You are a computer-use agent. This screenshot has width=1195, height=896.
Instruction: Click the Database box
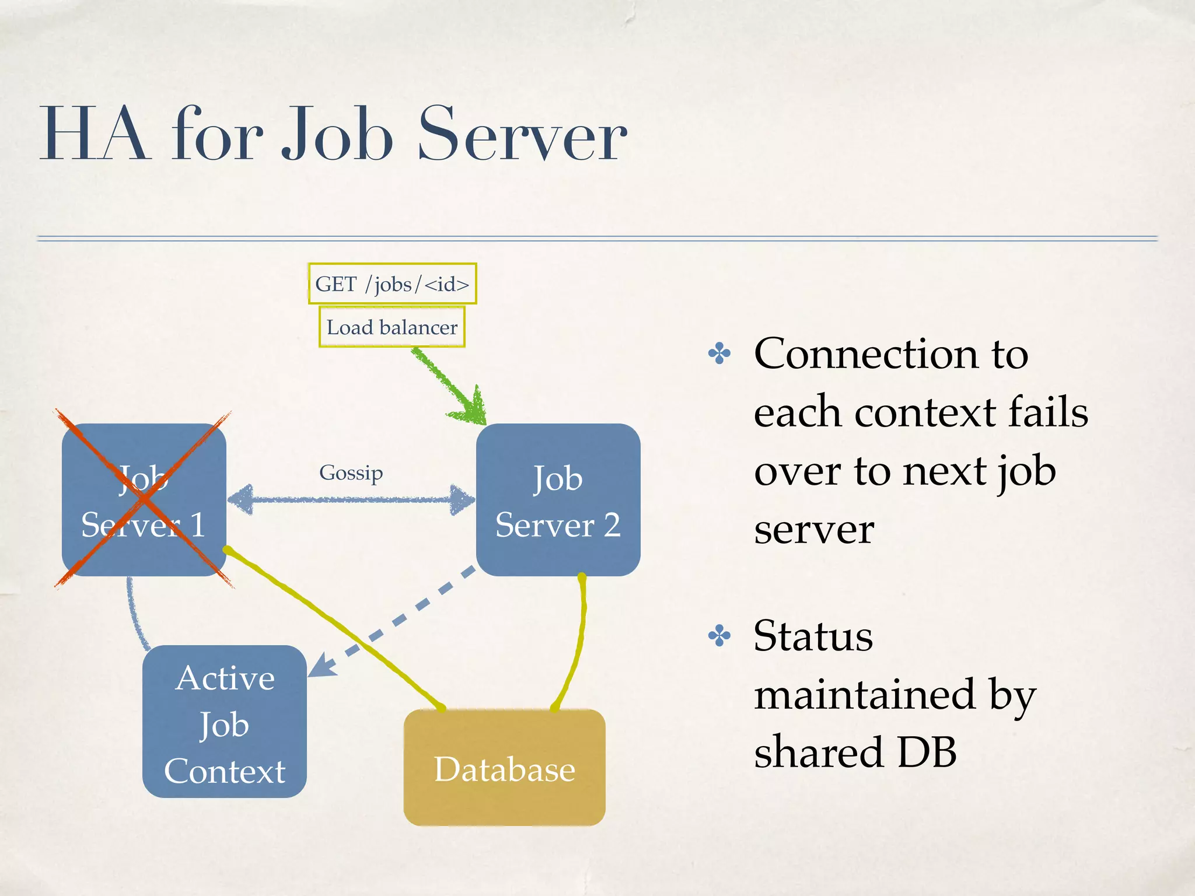[504, 767]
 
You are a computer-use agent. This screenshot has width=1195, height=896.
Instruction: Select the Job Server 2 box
[558, 500]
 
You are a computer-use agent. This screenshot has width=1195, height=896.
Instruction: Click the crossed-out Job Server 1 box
[144, 500]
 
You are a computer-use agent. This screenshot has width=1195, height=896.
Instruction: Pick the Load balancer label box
[392, 327]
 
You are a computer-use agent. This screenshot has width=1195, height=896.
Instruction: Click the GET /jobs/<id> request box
[392, 283]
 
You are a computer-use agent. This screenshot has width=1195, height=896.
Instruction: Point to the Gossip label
[351, 472]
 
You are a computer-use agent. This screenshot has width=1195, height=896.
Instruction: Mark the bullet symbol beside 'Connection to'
[719, 353]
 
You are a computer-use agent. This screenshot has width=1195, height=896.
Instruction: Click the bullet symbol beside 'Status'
[719, 636]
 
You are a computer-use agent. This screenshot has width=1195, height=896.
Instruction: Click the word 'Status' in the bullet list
[813, 636]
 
